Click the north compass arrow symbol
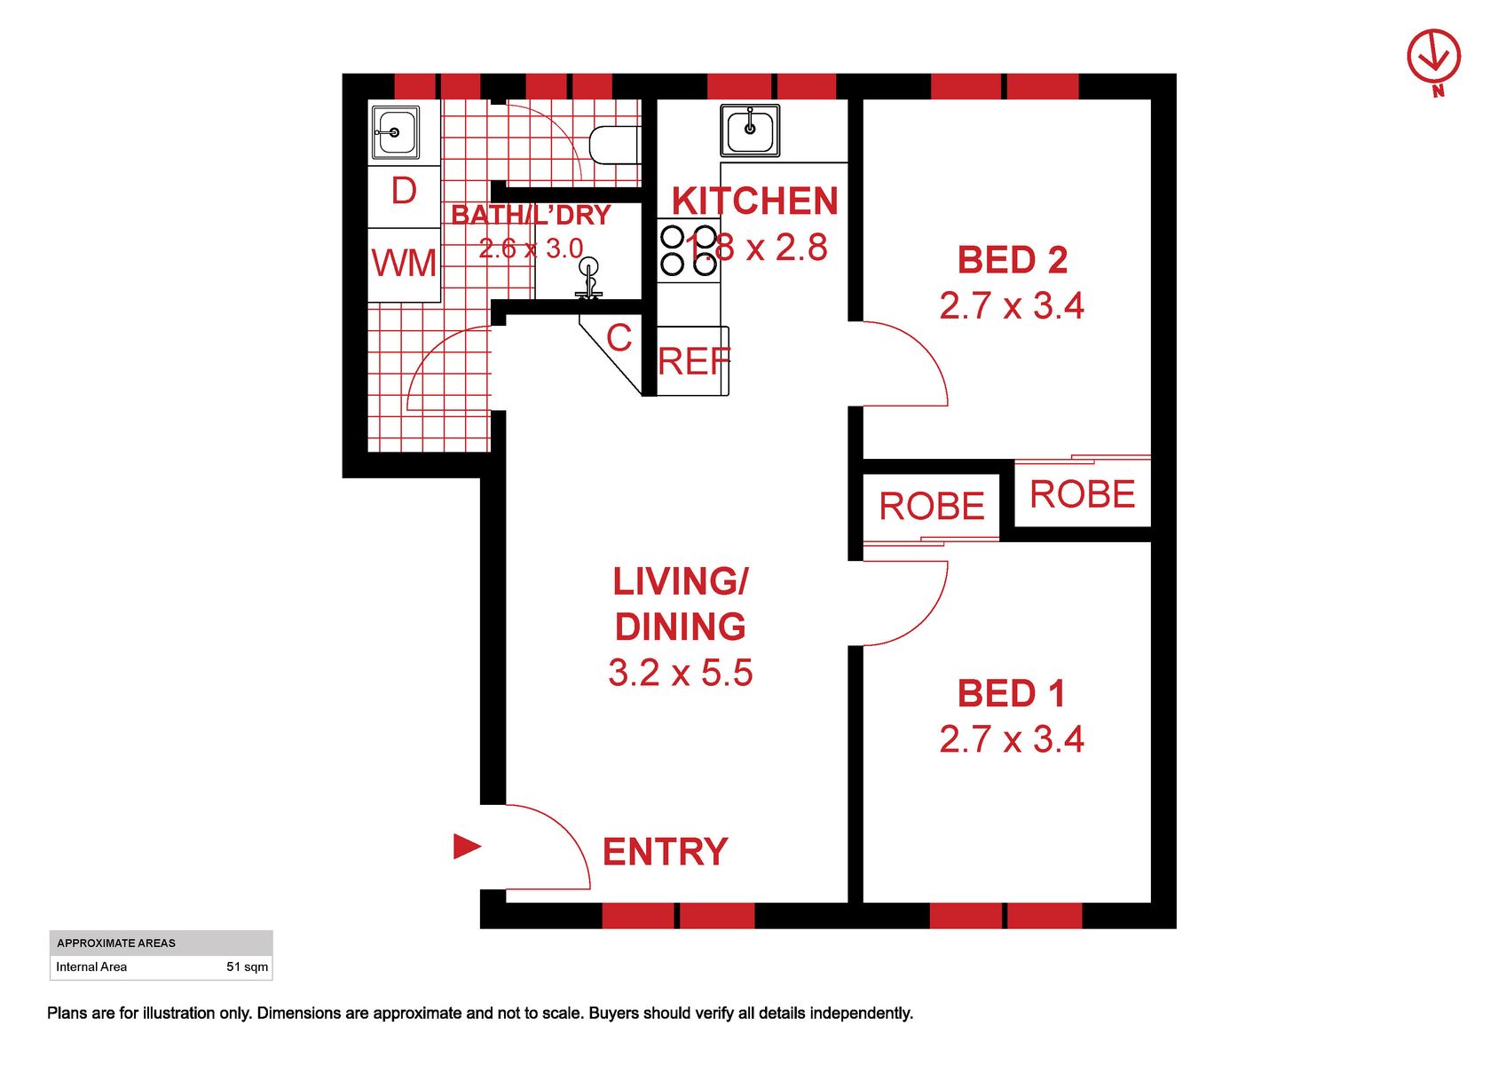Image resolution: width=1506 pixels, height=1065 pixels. coord(1433,62)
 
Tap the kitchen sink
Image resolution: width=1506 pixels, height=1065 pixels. coord(750,130)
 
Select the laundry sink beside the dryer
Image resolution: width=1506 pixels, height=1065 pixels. coord(395,132)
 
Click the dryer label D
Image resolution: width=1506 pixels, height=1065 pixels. coord(404,191)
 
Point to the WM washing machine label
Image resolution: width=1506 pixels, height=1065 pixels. coord(404,262)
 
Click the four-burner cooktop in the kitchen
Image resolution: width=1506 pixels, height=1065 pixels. coord(690,250)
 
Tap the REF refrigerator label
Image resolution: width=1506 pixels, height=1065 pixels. coord(694,362)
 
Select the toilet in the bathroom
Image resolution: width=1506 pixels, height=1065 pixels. coord(614,144)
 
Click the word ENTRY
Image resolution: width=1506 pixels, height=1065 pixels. coord(665,852)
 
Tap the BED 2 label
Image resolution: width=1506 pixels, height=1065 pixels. coord(1012,260)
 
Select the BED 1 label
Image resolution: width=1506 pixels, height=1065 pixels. coord(1011,694)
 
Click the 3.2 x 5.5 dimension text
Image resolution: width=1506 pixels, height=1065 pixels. coord(681,673)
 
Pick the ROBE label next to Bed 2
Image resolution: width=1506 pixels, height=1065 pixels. coord(1083,494)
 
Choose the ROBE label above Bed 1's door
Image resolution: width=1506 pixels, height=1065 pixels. coord(932,506)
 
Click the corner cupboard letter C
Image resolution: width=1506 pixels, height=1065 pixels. coord(619,337)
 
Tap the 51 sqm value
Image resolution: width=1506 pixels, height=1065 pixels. coord(248,966)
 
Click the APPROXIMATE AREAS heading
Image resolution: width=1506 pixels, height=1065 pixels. coord(116,943)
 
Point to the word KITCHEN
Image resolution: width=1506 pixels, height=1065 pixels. coord(755,201)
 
